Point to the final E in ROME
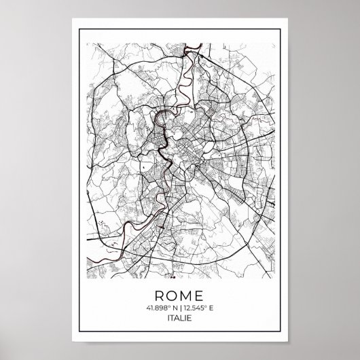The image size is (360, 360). click(204, 295)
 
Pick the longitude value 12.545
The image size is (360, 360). click(196, 309)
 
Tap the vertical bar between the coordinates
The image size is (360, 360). click(180, 309)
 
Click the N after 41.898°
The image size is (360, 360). click(173, 309)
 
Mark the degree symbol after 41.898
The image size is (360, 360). click(168, 308)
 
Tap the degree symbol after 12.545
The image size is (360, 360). click(209, 308)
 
